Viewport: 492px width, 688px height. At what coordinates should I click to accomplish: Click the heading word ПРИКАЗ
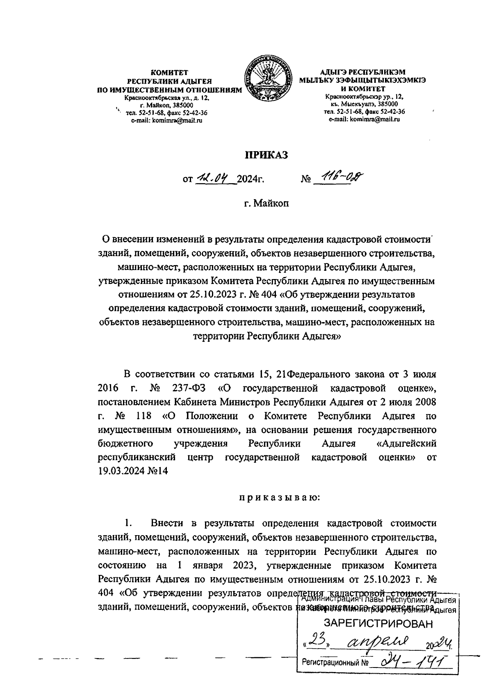point(266,155)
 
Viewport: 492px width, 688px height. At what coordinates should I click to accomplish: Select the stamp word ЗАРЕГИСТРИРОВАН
point(378,624)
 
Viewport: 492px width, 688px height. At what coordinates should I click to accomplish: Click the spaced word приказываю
point(277,498)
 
